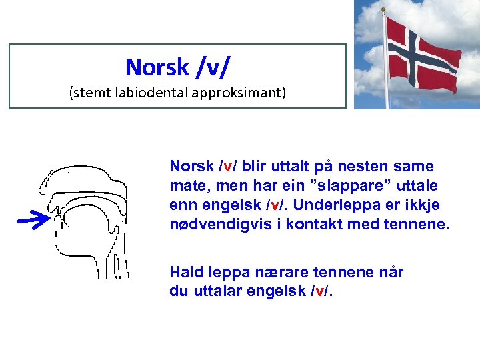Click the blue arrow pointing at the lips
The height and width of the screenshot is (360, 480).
33,219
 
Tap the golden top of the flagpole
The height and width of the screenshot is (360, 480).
383,9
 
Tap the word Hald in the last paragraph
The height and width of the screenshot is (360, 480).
184,272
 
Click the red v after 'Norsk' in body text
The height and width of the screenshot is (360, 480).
226,165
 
